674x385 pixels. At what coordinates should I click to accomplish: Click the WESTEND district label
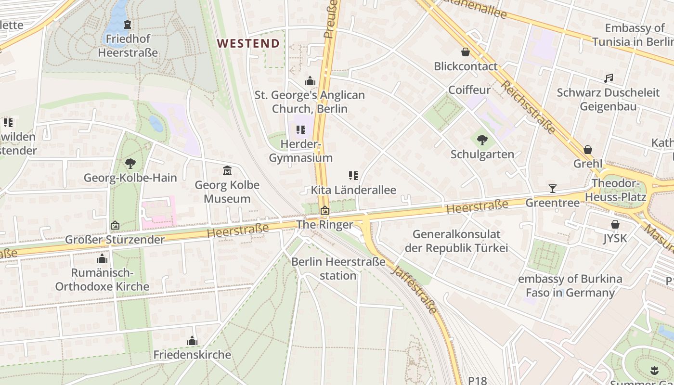tap(248, 43)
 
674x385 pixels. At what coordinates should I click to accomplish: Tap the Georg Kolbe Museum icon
tap(227, 171)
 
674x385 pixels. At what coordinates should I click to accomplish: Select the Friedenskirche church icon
tap(192, 341)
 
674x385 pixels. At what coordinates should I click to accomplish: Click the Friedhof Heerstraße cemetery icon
tap(128, 25)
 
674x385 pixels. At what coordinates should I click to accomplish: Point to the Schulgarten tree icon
tap(482, 140)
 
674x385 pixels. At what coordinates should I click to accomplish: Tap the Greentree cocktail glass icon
tap(552, 189)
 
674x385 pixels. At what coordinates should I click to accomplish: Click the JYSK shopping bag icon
tap(615, 224)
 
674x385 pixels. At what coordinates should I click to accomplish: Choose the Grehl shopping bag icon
tap(587, 150)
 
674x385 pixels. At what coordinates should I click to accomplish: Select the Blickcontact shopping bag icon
tap(466, 52)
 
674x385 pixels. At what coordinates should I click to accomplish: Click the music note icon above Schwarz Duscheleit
tap(609, 78)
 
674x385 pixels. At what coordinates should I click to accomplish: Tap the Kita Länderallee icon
tap(353, 176)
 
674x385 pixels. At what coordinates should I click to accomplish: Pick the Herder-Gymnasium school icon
tap(301, 129)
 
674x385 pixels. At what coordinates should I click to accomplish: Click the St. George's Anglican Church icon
tap(310, 81)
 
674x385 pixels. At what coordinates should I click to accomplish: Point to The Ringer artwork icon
tap(325, 210)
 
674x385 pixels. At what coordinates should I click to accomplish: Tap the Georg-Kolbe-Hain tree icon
tap(130, 164)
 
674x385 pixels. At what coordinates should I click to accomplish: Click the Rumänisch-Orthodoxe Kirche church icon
tap(102, 259)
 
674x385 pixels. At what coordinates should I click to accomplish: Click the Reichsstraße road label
tap(528, 107)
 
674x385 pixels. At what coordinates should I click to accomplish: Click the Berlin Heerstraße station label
tap(338, 269)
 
